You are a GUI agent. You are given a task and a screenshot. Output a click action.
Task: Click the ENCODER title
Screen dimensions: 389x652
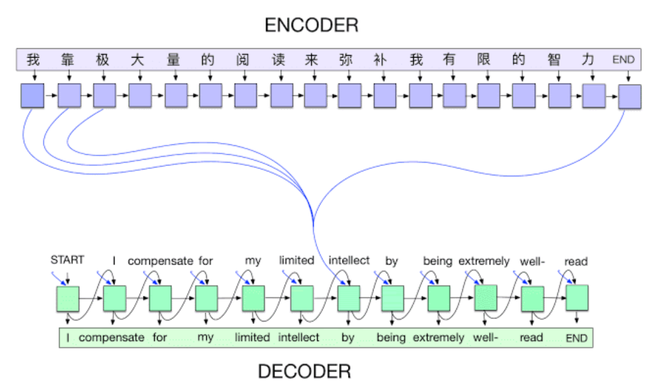(311, 25)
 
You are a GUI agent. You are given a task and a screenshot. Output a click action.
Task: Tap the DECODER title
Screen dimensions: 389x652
(304, 371)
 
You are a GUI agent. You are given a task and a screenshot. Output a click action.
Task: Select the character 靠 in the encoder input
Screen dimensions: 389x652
(68, 60)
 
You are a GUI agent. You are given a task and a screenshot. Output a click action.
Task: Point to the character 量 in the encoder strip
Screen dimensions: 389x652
(173, 60)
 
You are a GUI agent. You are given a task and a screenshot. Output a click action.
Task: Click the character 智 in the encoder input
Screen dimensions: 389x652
(555, 60)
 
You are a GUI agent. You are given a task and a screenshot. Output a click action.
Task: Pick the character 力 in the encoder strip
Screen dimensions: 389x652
(589, 60)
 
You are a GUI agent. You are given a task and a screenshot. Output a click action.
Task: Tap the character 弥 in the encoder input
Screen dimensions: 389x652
(346, 60)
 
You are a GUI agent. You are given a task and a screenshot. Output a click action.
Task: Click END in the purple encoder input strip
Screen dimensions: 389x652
(623, 60)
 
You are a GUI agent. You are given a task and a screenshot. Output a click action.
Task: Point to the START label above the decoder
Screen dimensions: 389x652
(67, 260)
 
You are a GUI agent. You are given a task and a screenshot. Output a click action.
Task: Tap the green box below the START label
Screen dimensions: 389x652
(67, 298)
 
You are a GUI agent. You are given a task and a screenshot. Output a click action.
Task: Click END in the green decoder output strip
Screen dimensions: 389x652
(576, 338)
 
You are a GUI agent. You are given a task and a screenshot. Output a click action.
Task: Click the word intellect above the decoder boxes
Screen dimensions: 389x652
(349, 261)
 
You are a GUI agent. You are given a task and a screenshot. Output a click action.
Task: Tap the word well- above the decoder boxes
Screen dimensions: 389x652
(532, 262)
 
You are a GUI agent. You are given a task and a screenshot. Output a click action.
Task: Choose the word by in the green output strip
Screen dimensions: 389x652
(348, 338)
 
